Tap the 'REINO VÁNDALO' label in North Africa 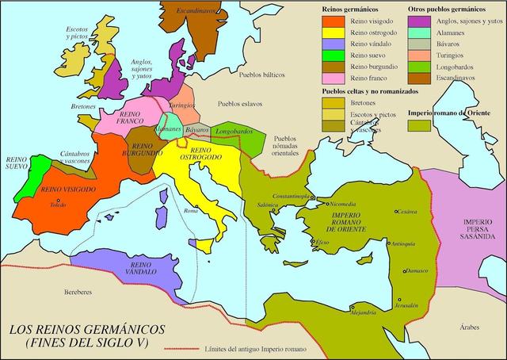[x=141, y=270]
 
